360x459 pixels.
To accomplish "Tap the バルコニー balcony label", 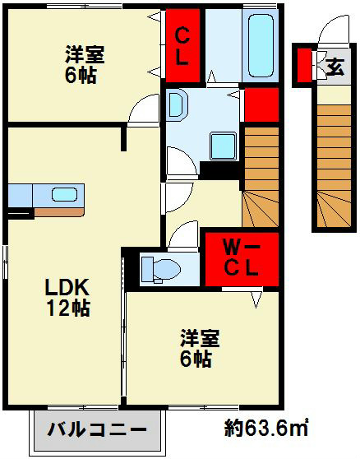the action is point(97,430).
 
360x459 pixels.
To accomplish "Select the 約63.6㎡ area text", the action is point(265,428).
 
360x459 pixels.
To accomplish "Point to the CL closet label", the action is point(182,46).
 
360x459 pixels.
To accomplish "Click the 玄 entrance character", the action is point(335,67).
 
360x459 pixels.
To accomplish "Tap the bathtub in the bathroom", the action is point(261,46).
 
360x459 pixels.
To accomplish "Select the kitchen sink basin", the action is point(65,195).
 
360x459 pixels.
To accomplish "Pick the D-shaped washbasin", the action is point(176,104).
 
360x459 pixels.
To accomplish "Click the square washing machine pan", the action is point(223,146).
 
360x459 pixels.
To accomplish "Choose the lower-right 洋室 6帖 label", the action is point(199,348).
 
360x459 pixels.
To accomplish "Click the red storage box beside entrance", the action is point(304,65).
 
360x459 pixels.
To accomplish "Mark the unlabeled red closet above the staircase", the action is point(261,104).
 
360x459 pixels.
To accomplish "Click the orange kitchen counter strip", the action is point(59,212).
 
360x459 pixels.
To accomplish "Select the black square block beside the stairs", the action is point(220,170).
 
